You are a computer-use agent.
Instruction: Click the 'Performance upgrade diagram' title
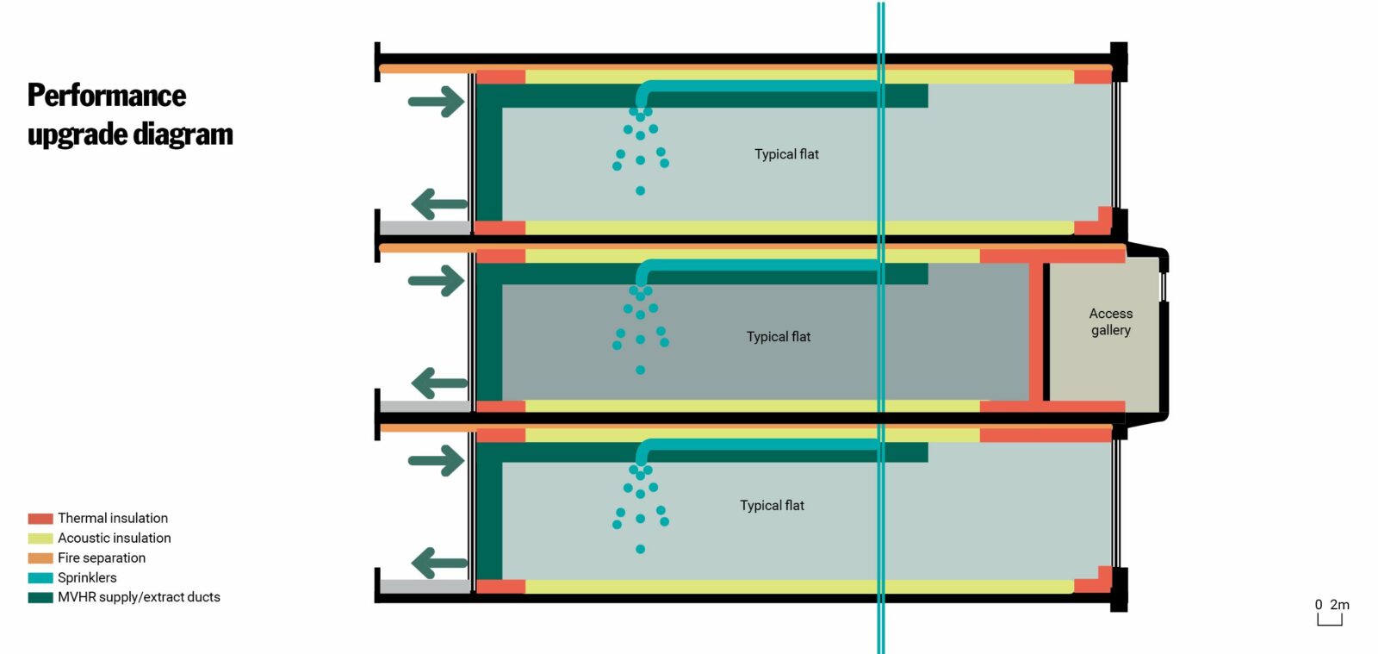point(129,115)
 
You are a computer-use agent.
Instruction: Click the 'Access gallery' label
point(1110,321)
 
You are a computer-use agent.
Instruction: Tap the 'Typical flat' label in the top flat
point(786,154)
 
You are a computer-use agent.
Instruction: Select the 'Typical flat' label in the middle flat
point(778,337)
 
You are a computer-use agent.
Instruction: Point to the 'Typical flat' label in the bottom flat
point(772,506)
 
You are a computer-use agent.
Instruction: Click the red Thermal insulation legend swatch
point(40,519)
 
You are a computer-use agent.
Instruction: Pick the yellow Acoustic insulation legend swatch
point(40,539)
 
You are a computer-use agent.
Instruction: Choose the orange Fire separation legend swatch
point(40,558)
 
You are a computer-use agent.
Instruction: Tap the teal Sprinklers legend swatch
point(40,578)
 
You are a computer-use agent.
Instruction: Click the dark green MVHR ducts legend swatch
point(40,597)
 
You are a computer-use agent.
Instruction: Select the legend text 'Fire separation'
point(102,558)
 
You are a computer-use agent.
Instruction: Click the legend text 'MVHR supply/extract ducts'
point(139,597)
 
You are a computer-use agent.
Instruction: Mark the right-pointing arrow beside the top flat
point(436,102)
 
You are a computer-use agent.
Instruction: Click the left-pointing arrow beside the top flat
point(439,204)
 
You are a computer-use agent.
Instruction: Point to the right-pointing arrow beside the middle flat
point(436,281)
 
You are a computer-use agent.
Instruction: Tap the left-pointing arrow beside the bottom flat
point(439,564)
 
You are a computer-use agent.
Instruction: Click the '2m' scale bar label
point(1339,605)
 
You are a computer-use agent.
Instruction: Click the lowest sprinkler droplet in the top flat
point(640,190)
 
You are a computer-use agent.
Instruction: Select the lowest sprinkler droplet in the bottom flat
point(640,549)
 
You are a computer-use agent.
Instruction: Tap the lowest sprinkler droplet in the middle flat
point(640,370)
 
